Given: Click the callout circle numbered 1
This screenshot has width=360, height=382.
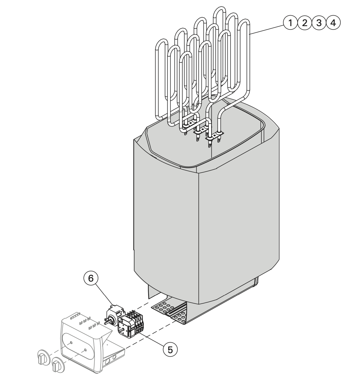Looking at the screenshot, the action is coord(290,23).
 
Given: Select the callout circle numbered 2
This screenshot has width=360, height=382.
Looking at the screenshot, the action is coord(304,23).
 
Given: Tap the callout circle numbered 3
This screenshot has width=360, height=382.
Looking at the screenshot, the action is coord(319,23).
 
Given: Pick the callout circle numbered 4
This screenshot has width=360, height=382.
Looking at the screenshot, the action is coord(333,23).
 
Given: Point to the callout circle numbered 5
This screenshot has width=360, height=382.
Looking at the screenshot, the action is coord(170,350).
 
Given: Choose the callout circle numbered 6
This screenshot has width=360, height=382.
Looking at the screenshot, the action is coord(91,278).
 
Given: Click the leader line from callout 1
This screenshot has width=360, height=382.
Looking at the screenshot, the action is coord(267,29).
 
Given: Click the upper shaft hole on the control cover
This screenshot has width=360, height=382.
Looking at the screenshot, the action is coord(71,342).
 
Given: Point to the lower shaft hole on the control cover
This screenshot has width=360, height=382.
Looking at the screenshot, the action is coord(85,350).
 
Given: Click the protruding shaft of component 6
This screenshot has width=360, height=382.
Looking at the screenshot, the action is coord(106,322).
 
